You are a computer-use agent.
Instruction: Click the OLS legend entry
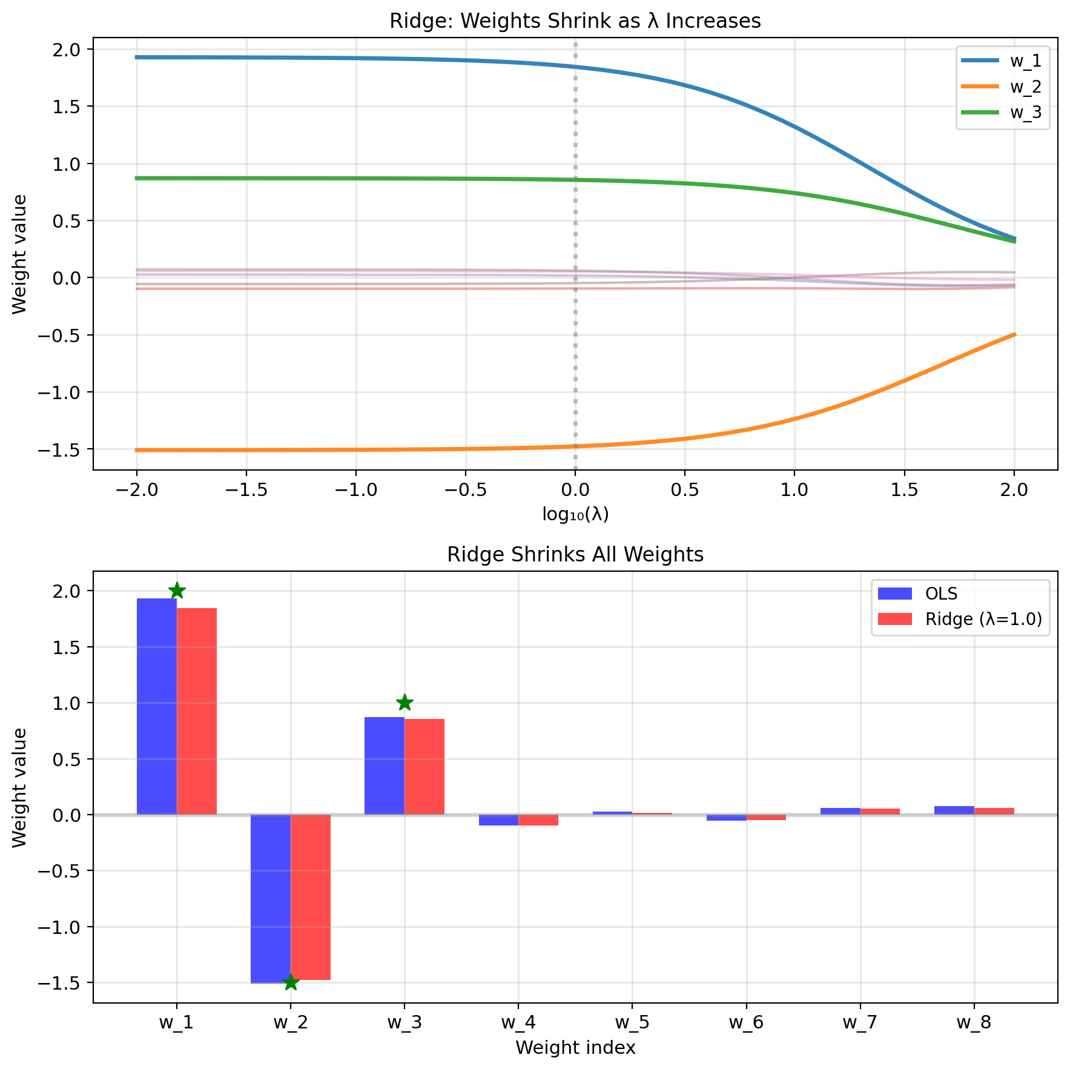click(941, 594)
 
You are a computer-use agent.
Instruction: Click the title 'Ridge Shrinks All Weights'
click(575, 555)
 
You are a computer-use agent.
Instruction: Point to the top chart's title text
click(575, 21)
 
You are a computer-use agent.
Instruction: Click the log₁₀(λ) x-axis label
click(575, 514)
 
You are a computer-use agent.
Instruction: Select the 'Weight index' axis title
click(575, 1048)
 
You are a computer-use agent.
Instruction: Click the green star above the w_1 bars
click(177, 591)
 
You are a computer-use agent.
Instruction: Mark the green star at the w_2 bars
click(291, 982)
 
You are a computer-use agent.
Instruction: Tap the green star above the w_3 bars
click(405, 703)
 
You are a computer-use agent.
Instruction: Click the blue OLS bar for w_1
click(157, 706)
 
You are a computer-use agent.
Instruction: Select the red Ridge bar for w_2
click(311, 897)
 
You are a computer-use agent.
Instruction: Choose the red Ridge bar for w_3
click(424, 767)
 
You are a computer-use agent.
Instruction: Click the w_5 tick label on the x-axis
click(632, 1023)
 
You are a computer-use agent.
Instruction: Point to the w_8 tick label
click(974, 1023)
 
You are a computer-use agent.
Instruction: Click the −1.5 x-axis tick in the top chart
click(246, 490)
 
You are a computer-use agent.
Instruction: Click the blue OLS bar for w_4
click(498, 821)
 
